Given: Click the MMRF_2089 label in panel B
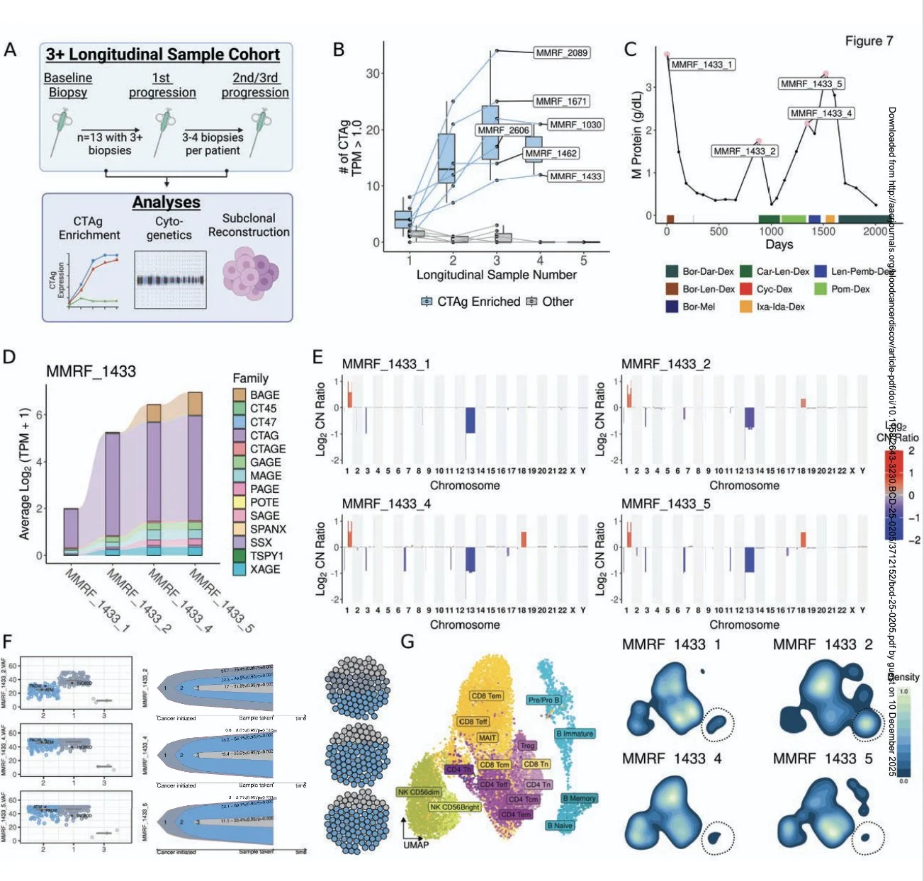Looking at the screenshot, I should pyautogui.click(x=562, y=52).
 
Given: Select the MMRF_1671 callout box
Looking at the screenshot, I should pyautogui.click(x=561, y=101).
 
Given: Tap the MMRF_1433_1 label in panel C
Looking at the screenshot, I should pyautogui.click(x=702, y=64).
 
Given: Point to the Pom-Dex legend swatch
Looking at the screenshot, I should pyautogui.click(x=821, y=289).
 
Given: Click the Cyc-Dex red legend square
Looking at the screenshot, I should pyautogui.click(x=745, y=289).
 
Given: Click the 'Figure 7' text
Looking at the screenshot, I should pyautogui.click(x=869, y=41).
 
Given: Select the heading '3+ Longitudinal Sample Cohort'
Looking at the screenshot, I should pyautogui.click(x=163, y=55).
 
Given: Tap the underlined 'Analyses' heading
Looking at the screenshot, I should pyautogui.click(x=166, y=203).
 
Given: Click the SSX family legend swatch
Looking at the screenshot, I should pyautogui.click(x=240, y=542).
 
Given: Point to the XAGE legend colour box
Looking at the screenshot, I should pyautogui.click(x=240, y=569).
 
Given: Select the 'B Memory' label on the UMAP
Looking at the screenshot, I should pyautogui.click(x=579, y=798).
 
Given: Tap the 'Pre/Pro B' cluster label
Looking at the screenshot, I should pyautogui.click(x=543, y=700).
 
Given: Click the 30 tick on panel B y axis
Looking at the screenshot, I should pyautogui.click(x=373, y=73).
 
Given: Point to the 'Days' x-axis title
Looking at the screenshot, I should pyautogui.click(x=779, y=244).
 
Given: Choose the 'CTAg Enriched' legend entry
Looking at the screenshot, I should pyautogui.click(x=471, y=302).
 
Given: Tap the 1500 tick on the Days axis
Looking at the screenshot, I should pyautogui.click(x=823, y=231).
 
